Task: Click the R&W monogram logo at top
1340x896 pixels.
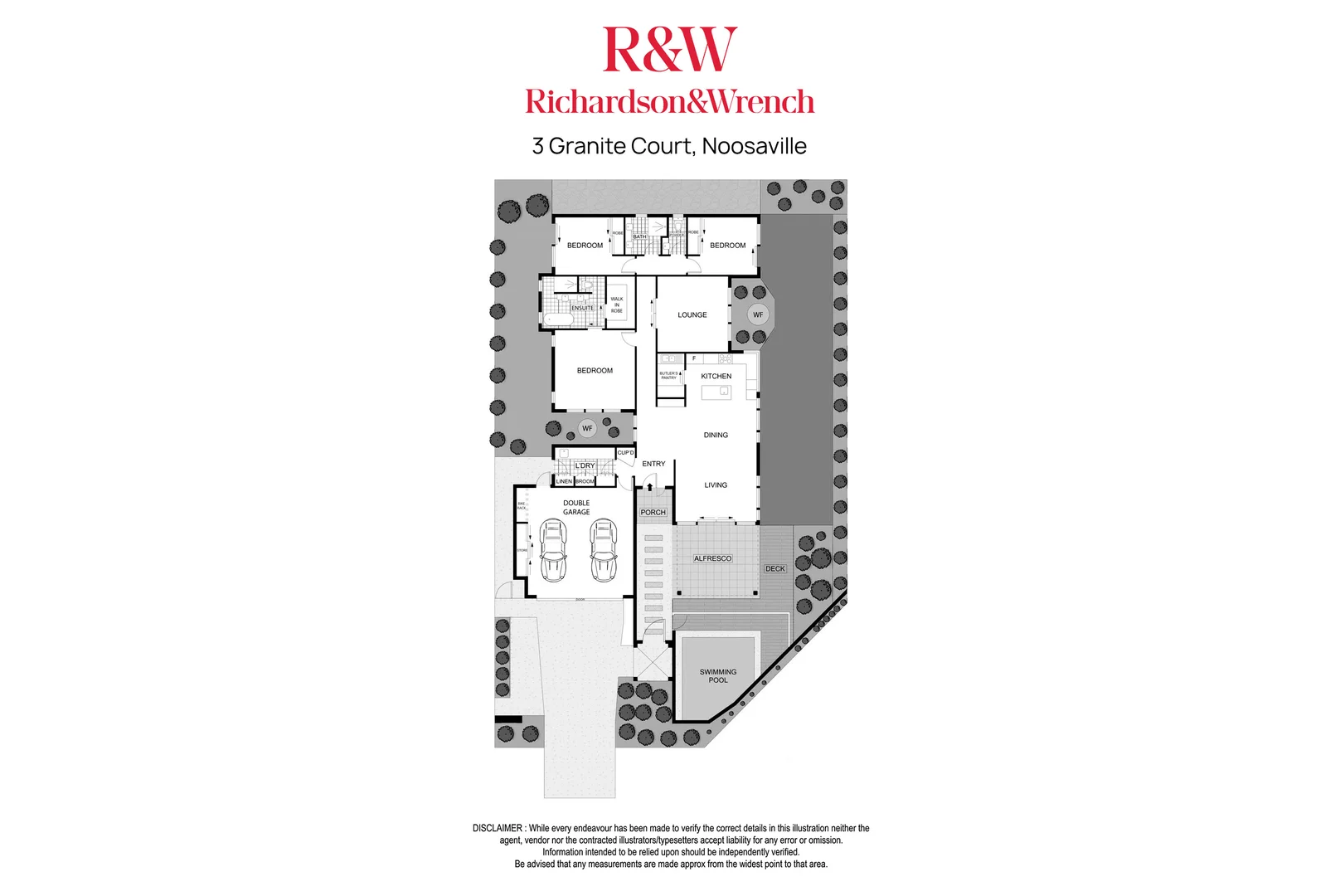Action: point(669,50)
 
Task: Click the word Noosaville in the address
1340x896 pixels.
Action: point(754,146)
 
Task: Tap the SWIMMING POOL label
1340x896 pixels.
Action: point(718,676)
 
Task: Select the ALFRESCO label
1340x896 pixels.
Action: point(712,558)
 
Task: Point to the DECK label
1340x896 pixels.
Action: point(775,568)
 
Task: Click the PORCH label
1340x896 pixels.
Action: point(653,512)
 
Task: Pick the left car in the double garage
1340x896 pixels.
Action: point(552,549)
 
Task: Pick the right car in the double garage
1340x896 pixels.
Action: point(604,549)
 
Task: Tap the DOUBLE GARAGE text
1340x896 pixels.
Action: point(576,508)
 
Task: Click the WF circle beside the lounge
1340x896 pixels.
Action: point(758,314)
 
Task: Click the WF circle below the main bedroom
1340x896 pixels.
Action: point(587,428)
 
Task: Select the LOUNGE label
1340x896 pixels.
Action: point(692,315)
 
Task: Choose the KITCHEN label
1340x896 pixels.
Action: point(716,376)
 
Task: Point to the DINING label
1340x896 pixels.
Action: point(716,435)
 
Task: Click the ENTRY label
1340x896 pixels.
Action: point(653,464)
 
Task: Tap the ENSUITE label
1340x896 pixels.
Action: point(582,308)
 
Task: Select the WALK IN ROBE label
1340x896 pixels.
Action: point(617,304)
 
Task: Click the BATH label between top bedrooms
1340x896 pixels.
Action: point(639,236)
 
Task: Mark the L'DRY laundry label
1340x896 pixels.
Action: point(585,465)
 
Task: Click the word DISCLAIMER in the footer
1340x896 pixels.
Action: point(498,828)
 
